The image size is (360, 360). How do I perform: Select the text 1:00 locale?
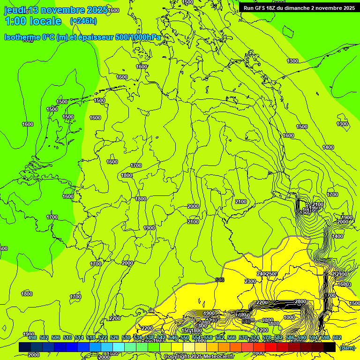[x=33, y=21]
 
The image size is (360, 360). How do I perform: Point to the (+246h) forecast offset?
[x=83, y=21]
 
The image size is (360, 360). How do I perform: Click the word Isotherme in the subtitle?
[x=23, y=37]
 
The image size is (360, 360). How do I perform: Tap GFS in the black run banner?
[x=260, y=8]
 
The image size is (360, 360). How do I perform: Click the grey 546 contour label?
[x=219, y=280]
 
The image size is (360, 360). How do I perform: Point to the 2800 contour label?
[x=300, y=301]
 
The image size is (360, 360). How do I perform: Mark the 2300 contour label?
[x=250, y=281]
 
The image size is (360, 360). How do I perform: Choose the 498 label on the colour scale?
[x=32, y=337]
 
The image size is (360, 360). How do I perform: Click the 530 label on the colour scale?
[x=126, y=337]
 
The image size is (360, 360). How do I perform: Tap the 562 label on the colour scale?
[x=220, y=337]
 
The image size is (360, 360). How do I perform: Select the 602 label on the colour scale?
[x=337, y=337]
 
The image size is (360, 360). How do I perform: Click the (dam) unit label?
[x=346, y=348]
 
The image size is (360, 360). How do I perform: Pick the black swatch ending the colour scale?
[x=330, y=347]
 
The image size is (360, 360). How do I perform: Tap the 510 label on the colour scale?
[x=67, y=337]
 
